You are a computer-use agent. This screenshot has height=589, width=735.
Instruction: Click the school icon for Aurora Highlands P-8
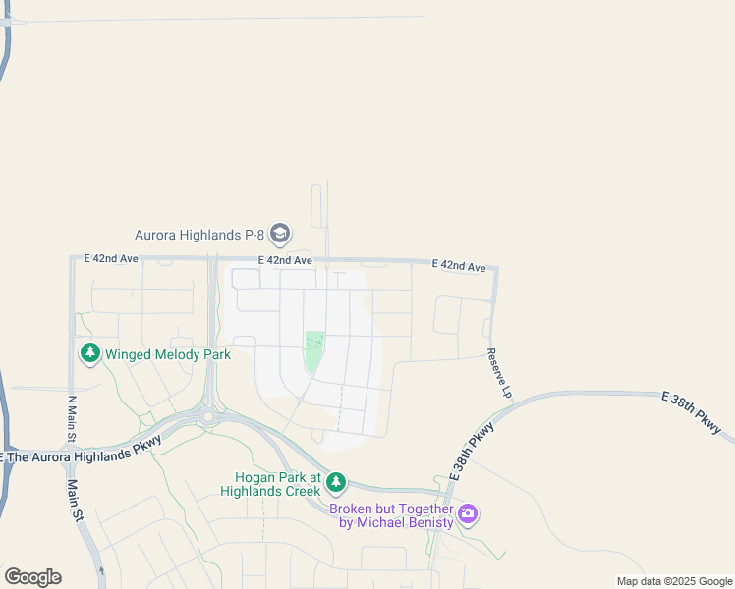click(x=280, y=234)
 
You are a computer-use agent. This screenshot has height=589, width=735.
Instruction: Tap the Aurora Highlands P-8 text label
click(x=199, y=235)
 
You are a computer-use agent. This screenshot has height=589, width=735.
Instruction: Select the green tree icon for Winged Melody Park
click(x=90, y=352)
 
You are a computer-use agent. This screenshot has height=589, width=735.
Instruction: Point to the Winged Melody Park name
click(x=167, y=354)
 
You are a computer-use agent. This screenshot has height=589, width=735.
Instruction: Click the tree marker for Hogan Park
click(x=337, y=481)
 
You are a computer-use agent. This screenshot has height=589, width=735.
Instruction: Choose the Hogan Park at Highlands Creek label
click(x=270, y=483)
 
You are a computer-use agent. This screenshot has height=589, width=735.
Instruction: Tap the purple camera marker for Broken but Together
click(x=469, y=513)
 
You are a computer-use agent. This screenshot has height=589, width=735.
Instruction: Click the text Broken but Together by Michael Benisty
click(x=391, y=515)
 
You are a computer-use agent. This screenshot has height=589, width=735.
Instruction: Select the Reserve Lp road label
click(x=500, y=373)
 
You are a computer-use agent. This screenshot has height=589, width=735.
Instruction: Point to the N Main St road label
click(x=71, y=418)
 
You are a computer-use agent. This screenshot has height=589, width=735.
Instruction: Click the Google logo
click(x=32, y=577)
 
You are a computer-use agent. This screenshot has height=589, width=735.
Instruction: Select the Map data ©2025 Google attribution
click(x=673, y=581)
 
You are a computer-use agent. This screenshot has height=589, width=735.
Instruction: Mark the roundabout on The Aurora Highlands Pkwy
click(x=208, y=416)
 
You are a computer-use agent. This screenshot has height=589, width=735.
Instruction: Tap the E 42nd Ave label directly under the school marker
click(x=286, y=261)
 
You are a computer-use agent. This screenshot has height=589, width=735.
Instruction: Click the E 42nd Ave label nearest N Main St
click(x=111, y=258)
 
